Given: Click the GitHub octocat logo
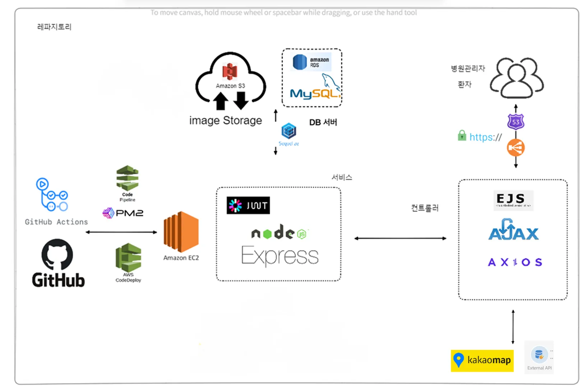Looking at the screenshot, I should click(x=57, y=254).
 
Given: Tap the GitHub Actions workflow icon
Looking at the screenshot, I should click(x=52, y=195).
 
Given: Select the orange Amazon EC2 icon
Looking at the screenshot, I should click(x=181, y=232).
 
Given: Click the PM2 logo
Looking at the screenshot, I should click(x=123, y=213).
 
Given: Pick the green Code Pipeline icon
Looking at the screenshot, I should click(x=127, y=178).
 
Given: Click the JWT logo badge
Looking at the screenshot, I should click(x=248, y=205).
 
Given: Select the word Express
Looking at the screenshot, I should click(x=279, y=256).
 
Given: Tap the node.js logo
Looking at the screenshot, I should click(x=279, y=233).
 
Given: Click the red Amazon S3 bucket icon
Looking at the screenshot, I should click(x=230, y=71).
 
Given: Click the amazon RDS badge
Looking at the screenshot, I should click(x=311, y=62).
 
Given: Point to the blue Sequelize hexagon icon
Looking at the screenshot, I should click(x=289, y=131).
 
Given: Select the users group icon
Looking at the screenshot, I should click(x=517, y=78).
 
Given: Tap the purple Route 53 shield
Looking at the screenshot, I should click(x=516, y=122).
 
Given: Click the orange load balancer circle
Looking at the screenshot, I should click(x=516, y=148).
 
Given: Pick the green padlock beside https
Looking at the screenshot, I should click(x=462, y=135).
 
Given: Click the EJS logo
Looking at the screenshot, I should click(x=513, y=200).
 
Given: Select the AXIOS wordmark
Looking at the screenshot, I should click(x=515, y=262).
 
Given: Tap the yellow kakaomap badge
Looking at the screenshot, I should click(x=482, y=360).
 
